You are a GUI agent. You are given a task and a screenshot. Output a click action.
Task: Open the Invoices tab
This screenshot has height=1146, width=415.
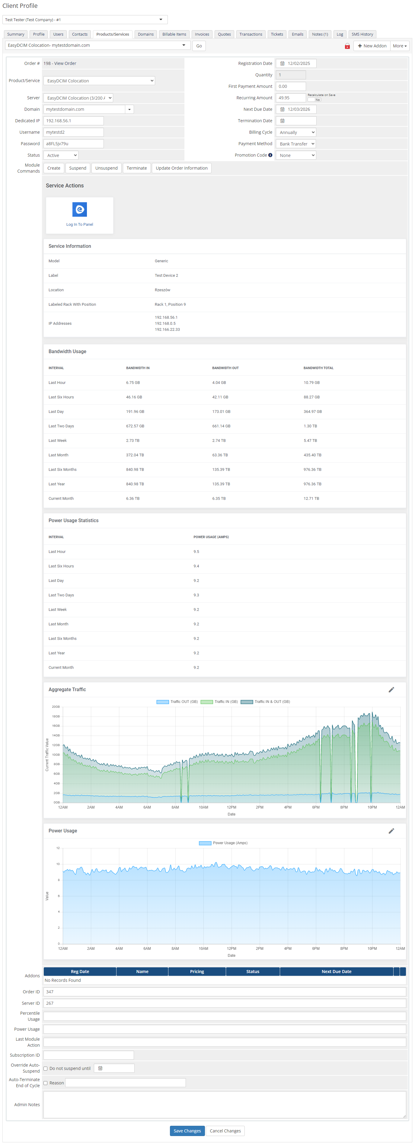(202, 34)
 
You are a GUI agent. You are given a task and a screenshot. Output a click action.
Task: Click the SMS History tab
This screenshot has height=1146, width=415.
(362, 34)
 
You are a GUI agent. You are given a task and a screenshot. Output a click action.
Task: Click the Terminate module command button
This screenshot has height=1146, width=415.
(136, 168)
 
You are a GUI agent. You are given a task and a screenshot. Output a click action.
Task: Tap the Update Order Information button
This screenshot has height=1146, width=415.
(181, 168)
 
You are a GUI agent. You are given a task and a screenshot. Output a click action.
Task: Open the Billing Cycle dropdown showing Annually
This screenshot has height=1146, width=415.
(296, 132)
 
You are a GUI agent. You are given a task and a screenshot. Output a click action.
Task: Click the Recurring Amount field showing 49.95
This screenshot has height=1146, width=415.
(290, 98)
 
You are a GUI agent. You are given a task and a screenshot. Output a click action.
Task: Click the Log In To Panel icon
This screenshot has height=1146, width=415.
(80, 209)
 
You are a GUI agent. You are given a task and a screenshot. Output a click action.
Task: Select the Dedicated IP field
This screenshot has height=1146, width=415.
(73, 120)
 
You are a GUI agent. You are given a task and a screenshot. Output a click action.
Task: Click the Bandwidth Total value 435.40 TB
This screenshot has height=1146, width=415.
(312, 455)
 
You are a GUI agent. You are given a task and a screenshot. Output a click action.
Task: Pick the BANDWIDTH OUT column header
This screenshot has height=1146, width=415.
(225, 368)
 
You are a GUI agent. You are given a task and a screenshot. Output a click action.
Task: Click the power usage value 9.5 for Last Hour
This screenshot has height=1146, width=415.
(196, 552)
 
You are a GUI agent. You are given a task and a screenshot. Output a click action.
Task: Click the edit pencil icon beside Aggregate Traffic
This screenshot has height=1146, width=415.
(391, 690)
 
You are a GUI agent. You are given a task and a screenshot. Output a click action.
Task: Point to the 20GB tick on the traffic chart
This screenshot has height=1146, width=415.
(56, 707)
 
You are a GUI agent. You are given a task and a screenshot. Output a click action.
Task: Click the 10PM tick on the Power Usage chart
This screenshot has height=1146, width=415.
(372, 949)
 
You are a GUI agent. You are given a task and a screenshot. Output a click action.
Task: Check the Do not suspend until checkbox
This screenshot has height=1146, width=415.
(45, 1068)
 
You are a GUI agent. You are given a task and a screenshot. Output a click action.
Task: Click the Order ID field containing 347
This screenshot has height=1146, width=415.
(225, 992)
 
